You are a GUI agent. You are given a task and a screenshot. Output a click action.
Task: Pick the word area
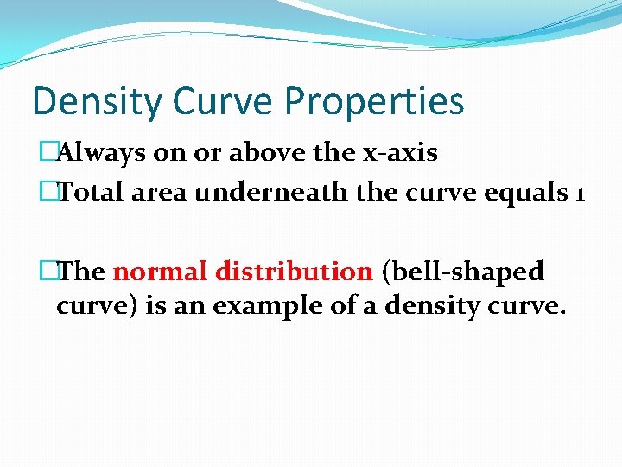click(x=159, y=192)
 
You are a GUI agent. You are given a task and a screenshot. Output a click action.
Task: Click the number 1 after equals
click(x=578, y=192)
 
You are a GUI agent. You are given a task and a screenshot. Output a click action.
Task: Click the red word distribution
click(x=294, y=272)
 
